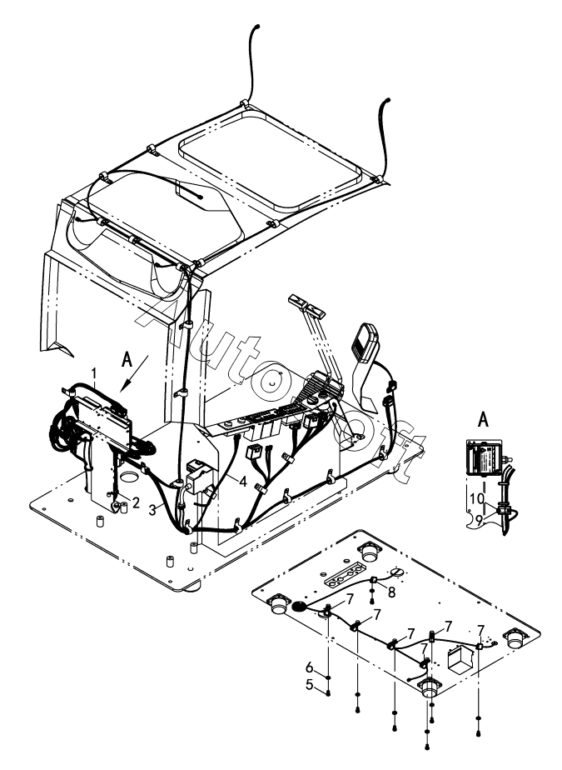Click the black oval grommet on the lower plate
tap(298, 607)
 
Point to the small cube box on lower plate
tap(457, 662)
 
